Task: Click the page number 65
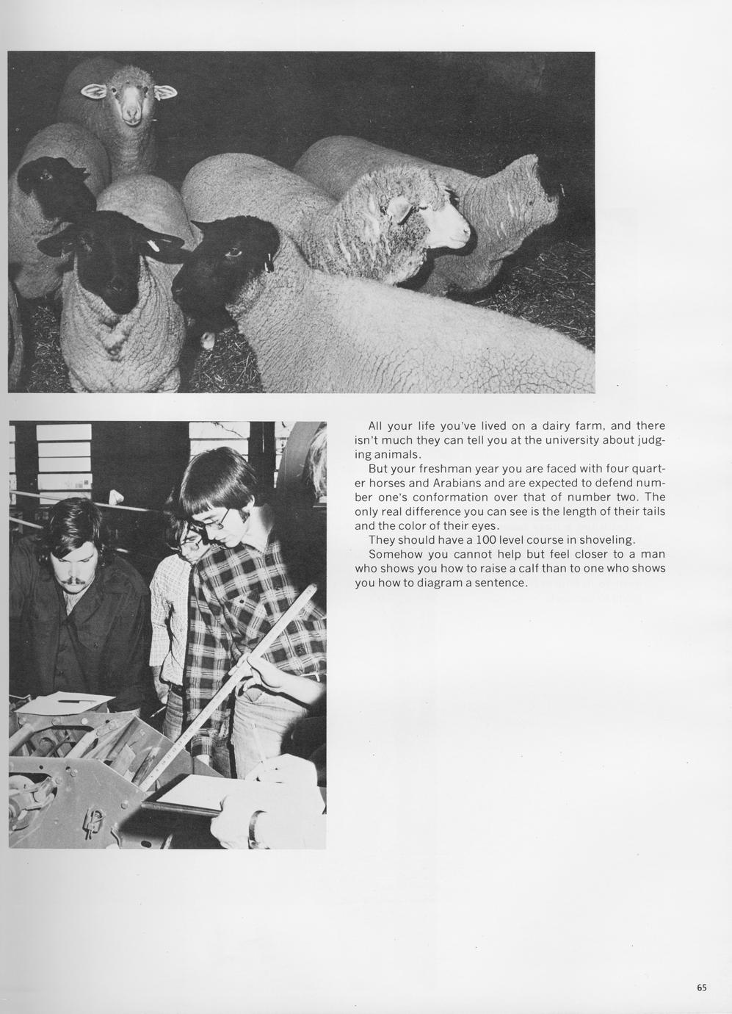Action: (702, 988)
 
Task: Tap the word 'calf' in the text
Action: (524, 569)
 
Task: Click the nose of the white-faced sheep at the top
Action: (131, 115)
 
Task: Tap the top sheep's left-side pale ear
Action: (93, 91)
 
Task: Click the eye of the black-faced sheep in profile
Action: (235, 253)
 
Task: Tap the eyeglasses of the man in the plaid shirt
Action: (213, 519)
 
